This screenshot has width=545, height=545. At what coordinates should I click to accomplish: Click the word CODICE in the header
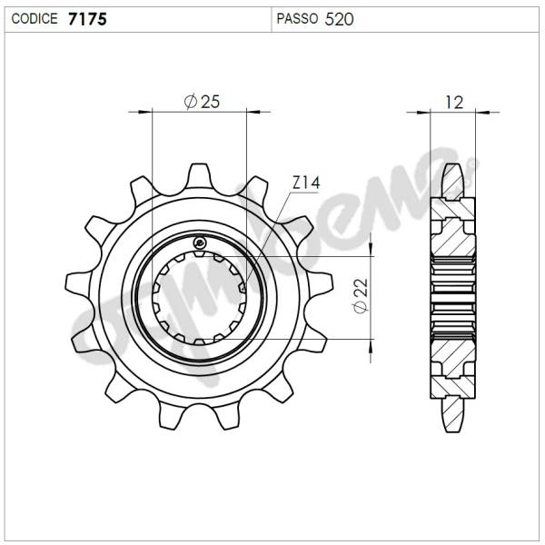pos(35,18)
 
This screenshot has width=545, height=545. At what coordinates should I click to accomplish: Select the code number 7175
pos(87,18)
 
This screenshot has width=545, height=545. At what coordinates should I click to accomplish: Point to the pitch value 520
pos(339,18)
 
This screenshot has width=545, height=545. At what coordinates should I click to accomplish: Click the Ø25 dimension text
pos(201,102)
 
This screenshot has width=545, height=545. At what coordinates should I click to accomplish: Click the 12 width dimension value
pos(454,102)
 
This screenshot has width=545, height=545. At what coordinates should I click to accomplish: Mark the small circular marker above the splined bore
pos(200,242)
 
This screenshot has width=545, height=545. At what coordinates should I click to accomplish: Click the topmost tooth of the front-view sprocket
pos(200,173)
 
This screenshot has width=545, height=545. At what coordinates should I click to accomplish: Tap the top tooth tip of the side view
pos(453,168)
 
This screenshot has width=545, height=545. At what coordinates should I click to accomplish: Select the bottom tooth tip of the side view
pos(453,427)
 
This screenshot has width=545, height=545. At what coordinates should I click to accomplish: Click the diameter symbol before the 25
pos(190,103)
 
